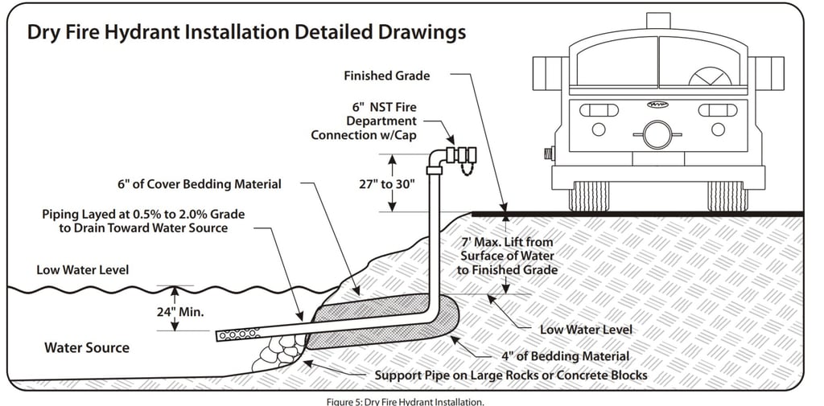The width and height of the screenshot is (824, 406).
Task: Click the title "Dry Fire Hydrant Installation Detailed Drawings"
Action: point(246,33)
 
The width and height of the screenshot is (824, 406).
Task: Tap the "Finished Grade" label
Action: point(387,76)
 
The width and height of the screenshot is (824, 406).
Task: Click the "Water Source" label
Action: point(86,348)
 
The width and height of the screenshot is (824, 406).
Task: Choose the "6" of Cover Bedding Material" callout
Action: point(199,184)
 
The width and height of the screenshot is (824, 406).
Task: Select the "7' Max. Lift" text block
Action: point(506,256)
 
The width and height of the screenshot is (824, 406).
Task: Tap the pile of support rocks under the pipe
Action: point(278,355)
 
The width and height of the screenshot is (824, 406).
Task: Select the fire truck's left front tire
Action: point(589,196)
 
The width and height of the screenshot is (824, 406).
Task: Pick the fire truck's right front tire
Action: point(727,196)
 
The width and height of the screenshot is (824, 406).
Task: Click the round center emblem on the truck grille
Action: point(657,134)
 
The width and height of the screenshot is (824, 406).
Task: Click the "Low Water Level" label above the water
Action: point(82,269)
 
